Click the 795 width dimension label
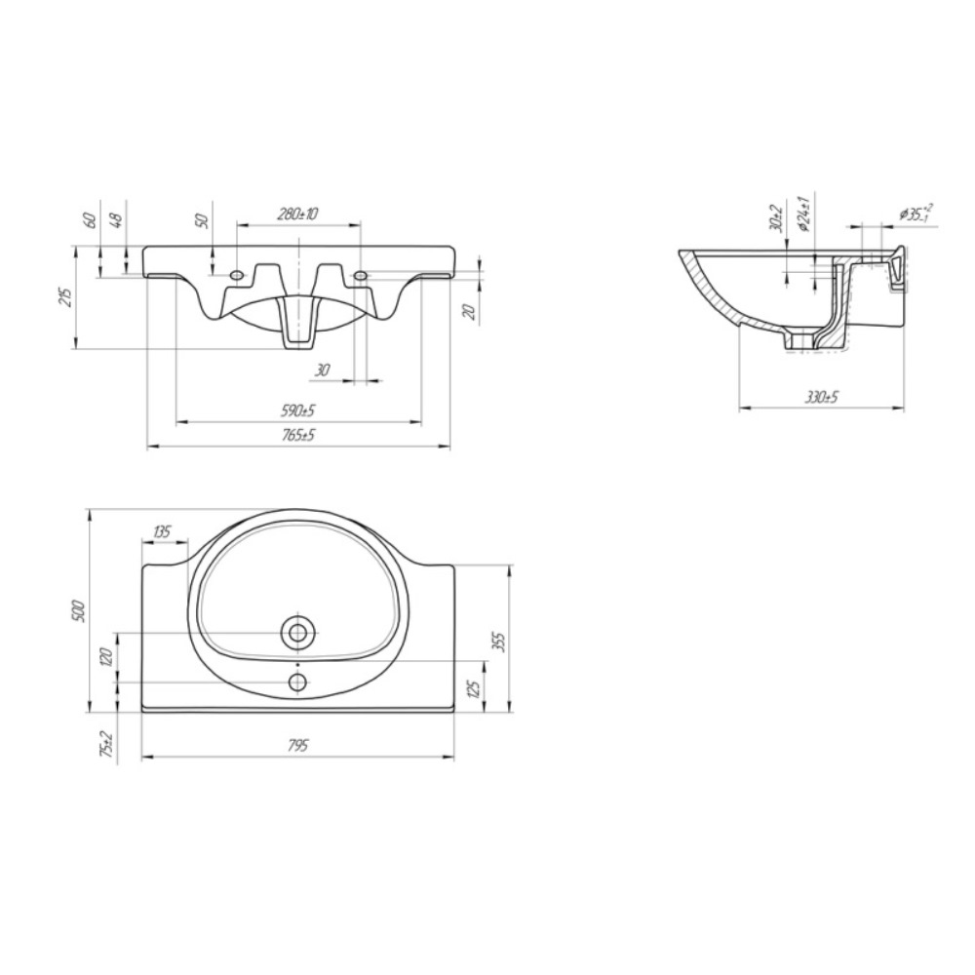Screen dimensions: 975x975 click(x=298, y=745)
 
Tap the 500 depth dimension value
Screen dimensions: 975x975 click(x=78, y=611)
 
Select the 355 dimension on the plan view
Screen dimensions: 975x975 click(x=499, y=642)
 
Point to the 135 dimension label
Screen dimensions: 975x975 click(x=162, y=531)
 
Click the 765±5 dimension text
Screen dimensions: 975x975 click(x=297, y=434)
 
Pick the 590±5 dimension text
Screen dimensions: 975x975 click(x=297, y=410)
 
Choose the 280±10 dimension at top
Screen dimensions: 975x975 click(x=297, y=214)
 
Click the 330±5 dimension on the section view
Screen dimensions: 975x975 click(x=822, y=396)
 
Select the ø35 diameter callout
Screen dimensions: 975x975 click(x=916, y=214)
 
